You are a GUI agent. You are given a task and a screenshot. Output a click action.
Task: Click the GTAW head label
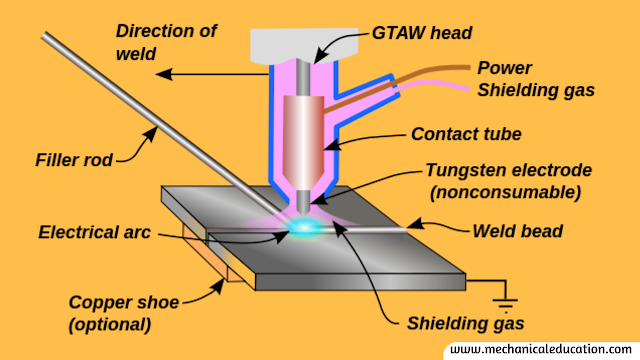pos(422,33)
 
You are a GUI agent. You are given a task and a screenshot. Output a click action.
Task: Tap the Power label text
pos(504,68)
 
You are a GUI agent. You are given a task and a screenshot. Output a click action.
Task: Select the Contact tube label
pos(466,134)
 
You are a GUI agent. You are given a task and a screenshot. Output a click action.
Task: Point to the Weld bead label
pos(518,231)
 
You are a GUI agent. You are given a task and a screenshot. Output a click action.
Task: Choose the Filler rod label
pos(74,160)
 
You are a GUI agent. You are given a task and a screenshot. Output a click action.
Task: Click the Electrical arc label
pos(94,232)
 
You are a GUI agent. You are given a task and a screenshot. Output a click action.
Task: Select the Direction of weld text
pos(166,42)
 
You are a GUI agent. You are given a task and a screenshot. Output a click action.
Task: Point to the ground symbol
pos(505,302)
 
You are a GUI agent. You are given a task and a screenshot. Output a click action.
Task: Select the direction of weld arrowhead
pos(164,74)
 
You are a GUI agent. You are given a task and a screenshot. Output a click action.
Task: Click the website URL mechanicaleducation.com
pos(541,349)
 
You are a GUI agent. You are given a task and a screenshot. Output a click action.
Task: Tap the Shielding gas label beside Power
pos(536,90)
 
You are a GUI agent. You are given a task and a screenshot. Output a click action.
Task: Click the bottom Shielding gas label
pos(465,324)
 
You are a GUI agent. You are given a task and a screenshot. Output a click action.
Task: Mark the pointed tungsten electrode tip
pos(303,213)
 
